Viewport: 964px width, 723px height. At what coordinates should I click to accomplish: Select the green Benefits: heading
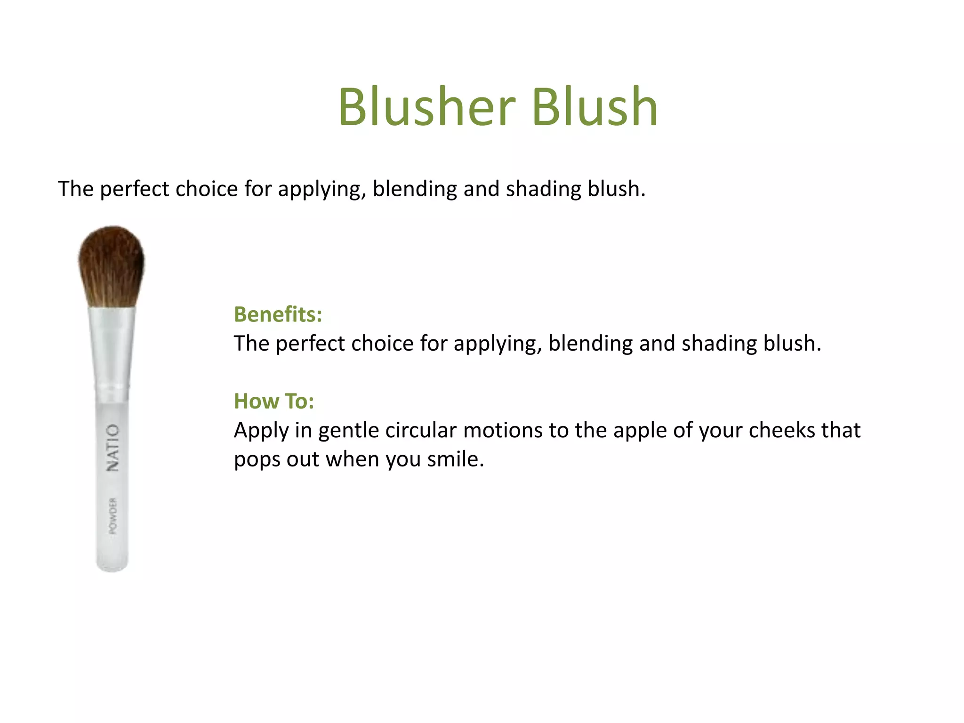pyautogui.click(x=278, y=314)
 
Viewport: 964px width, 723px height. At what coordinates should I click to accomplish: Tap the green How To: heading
pyautogui.click(x=274, y=402)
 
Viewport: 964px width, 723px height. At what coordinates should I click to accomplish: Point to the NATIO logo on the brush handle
pyautogui.click(x=112, y=447)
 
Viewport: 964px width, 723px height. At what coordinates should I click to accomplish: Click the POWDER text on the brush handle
pyautogui.click(x=113, y=516)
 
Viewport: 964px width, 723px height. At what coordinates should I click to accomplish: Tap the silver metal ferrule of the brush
pyautogui.click(x=112, y=348)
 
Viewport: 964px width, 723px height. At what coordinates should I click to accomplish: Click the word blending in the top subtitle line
pyautogui.click(x=414, y=189)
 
